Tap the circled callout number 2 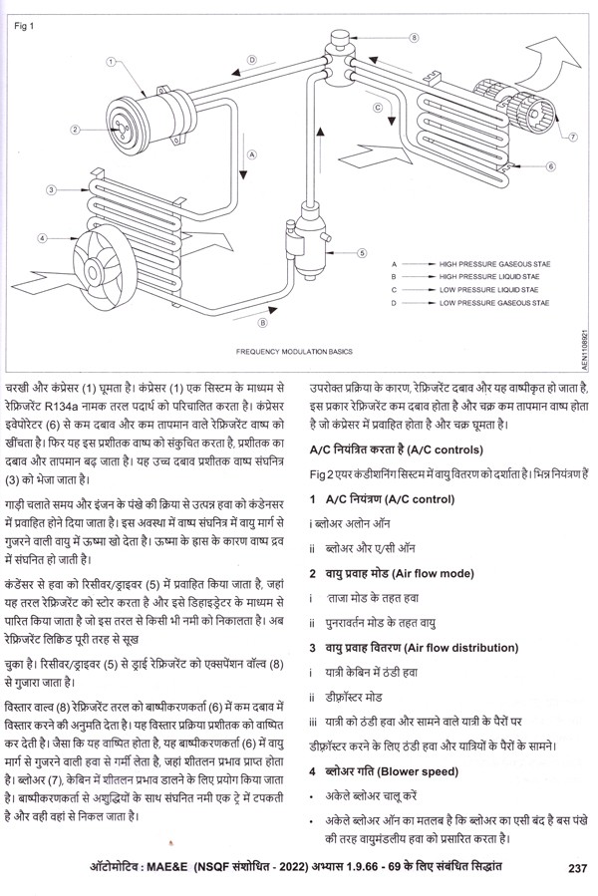click(x=74, y=130)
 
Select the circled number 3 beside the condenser click(x=50, y=188)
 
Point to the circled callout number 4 click(x=43, y=238)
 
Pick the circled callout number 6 click(x=550, y=166)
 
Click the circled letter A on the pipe click(x=252, y=154)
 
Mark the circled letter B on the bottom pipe click(x=261, y=323)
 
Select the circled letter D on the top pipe click(x=252, y=60)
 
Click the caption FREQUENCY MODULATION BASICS click(x=289, y=352)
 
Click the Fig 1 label click(x=23, y=26)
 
